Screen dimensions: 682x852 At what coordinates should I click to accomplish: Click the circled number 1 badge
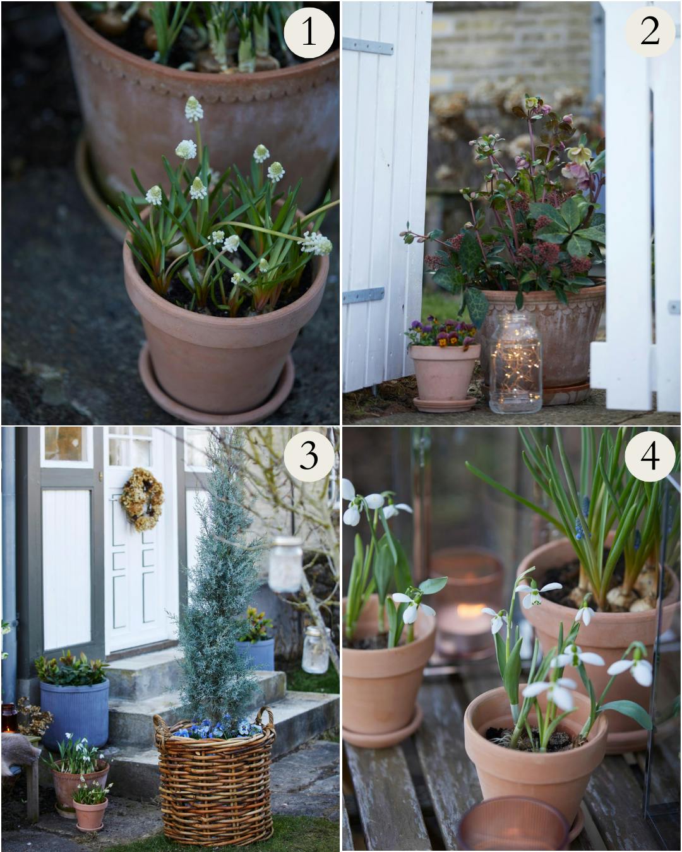coord(309,32)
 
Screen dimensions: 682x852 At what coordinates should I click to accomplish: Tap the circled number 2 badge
coord(650,32)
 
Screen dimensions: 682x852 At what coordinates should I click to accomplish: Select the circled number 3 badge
coord(309,456)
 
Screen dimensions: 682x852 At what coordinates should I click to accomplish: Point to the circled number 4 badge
coord(650,456)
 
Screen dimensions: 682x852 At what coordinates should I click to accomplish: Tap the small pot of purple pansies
coord(444,364)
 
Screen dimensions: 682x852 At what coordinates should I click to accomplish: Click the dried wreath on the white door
coord(142,499)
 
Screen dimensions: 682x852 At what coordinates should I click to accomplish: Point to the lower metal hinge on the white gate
coord(363,295)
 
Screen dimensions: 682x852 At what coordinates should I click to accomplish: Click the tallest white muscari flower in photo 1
coord(194,109)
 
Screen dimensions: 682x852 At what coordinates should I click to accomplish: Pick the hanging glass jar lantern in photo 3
coord(285,564)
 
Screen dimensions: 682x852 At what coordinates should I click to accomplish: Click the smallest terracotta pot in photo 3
coord(90,813)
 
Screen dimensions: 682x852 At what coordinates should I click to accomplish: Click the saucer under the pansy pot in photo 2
coord(445,404)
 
